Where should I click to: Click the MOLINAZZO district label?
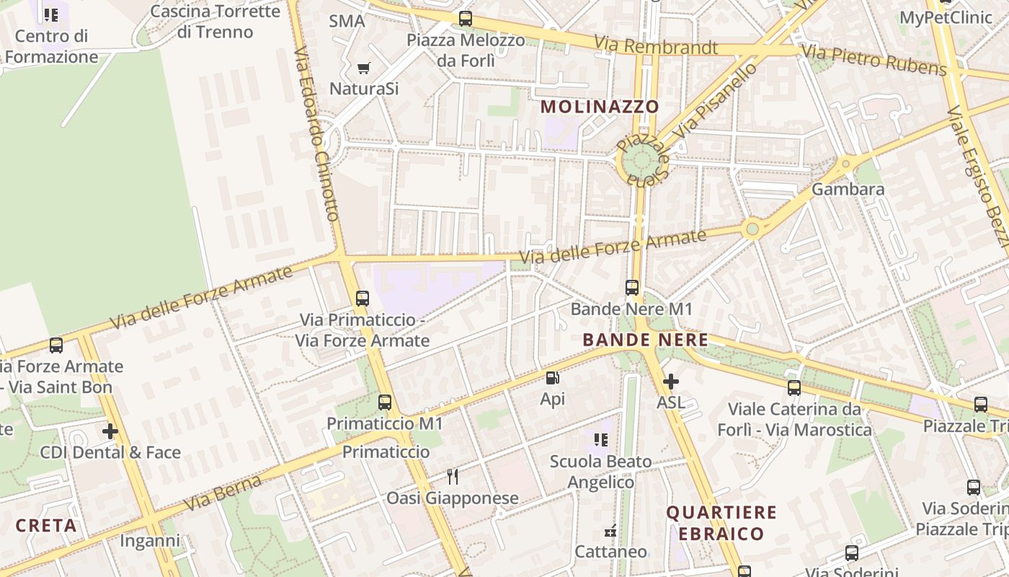(x=600, y=107)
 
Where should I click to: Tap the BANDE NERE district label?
(x=645, y=340)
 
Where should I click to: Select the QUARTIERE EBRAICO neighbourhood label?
(x=721, y=523)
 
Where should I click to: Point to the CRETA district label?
(x=46, y=525)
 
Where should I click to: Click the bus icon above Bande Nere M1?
(x=632, y=288)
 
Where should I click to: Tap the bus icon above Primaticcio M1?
(x=385, y=402)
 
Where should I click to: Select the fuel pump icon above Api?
(x=552, y=377)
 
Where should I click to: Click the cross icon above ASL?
(x=671, y=382)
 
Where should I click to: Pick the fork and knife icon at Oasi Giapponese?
(x=453, y=477)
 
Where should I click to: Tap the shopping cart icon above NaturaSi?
(x=364, y=69)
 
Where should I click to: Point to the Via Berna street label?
(x=223, y=493)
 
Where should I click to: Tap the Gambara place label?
(x=848, y=189)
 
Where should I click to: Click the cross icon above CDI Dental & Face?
(x=110, y=431)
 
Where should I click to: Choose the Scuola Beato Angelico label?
(x=600, y=472)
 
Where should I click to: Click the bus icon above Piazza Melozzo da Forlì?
(x=466, y=19)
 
